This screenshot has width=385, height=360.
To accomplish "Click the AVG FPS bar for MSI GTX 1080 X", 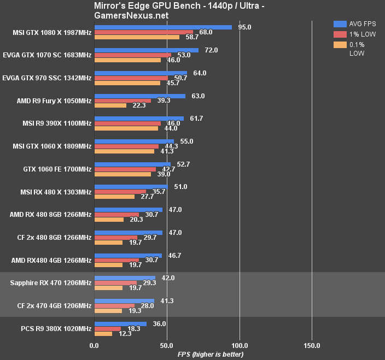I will tap(163, 27).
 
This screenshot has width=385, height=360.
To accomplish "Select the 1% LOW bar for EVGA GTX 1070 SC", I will tap(133, 55).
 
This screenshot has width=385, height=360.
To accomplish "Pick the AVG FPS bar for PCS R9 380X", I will tap(120, 323).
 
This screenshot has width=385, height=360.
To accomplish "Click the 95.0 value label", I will tap(244, 27).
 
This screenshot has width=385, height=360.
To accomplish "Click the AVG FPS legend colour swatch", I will tap(340, 23).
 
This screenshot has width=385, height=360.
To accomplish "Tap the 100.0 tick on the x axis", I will tap(240, 346).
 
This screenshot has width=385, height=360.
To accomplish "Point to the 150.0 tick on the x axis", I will tap(312, 346).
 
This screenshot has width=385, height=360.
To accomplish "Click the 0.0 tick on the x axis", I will tap(94, 346).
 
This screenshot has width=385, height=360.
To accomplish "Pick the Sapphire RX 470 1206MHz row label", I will tap(51, 283).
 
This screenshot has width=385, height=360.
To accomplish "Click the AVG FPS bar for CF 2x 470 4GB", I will tap(124, 300).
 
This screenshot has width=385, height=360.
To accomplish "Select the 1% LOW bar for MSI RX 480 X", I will tap(120, 192).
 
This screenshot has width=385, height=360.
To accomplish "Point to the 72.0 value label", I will tap(211, 50).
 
